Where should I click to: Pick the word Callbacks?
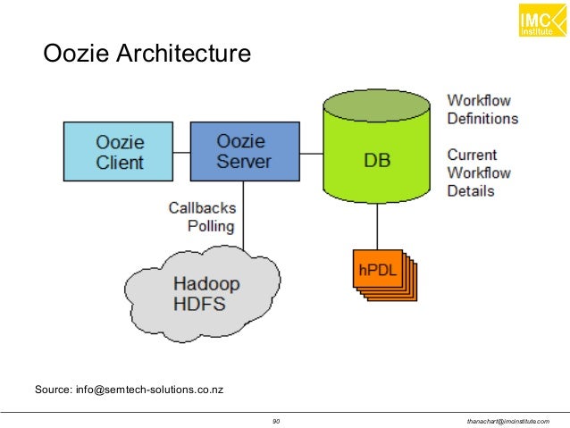202,207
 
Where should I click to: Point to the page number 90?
276,421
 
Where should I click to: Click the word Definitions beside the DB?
482,118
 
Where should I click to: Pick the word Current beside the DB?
472,155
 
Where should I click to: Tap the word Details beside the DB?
471,190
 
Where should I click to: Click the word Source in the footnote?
52,389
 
